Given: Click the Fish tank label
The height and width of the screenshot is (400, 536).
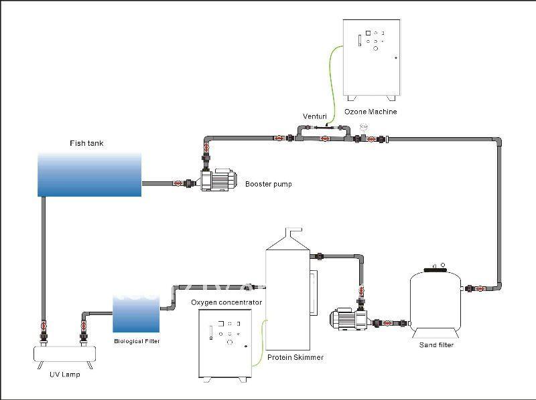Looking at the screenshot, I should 87,143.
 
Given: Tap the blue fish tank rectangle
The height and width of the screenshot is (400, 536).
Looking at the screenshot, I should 89,175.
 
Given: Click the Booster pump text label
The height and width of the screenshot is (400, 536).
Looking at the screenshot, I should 268,184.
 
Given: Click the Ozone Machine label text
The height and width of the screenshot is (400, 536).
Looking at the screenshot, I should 371,112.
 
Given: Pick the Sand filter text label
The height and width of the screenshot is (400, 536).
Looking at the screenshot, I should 436,345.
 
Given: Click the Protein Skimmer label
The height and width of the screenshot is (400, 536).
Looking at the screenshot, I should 295,358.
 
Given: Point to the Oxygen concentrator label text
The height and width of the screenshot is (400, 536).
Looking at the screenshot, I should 226,302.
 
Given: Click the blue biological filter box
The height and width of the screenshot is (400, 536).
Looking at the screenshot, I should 136,312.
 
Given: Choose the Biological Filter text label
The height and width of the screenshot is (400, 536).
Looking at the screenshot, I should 137,340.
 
